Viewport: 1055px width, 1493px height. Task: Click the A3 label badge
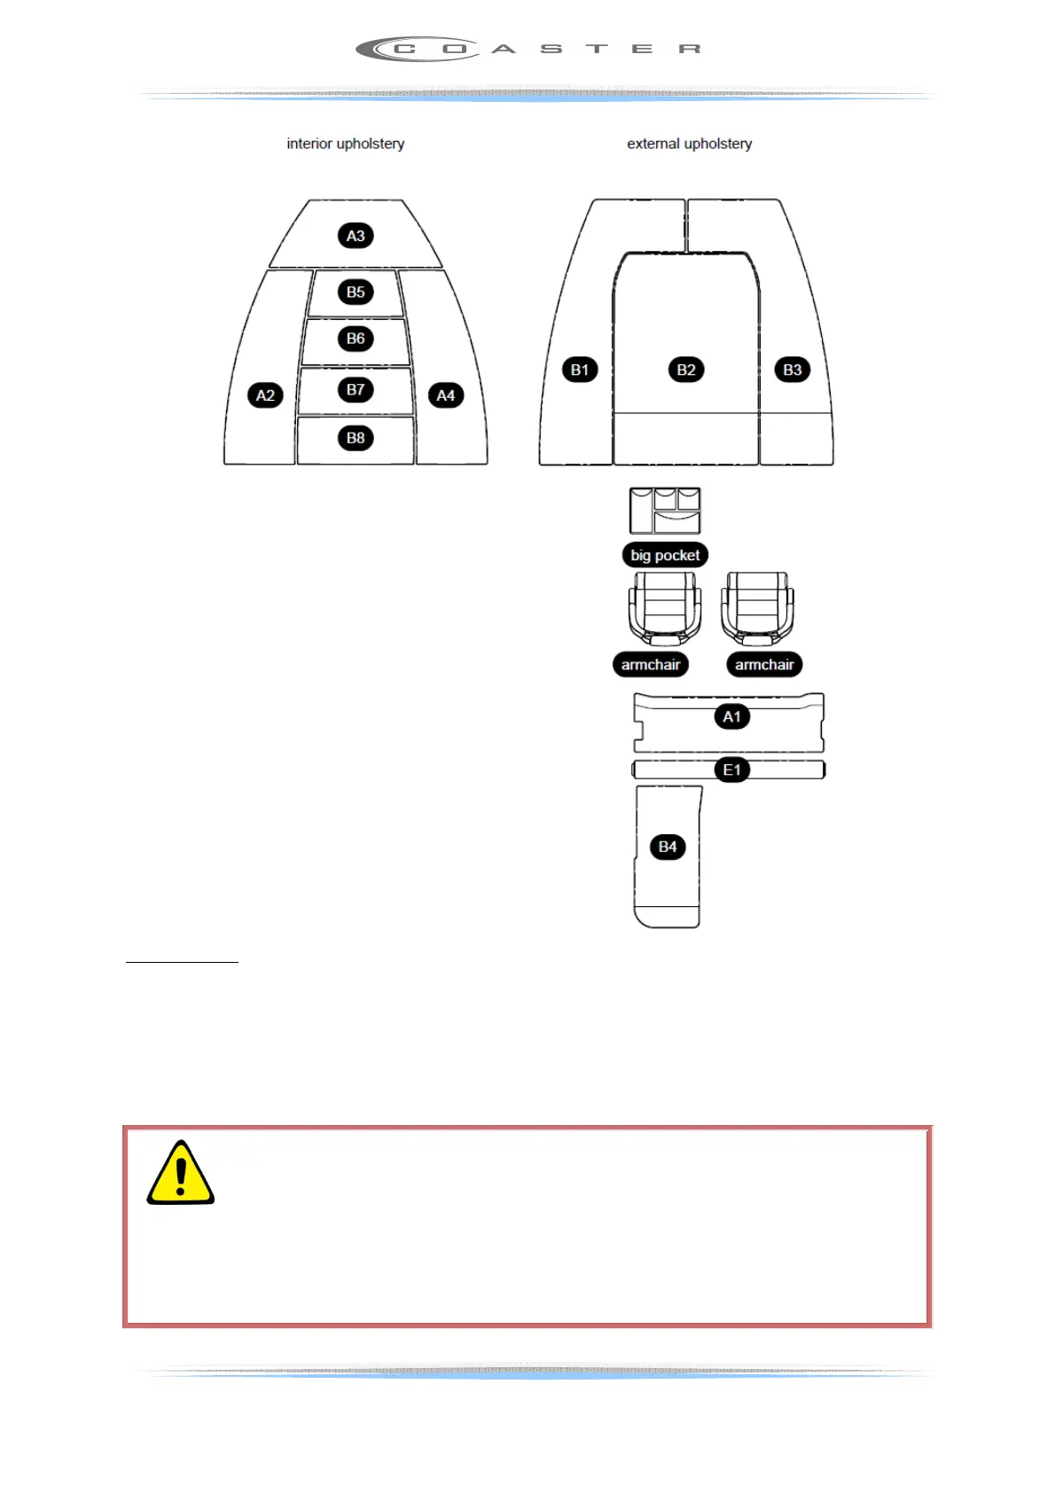click(356, 236)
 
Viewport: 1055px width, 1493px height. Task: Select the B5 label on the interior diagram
click(356, 292)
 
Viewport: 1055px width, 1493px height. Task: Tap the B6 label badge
click(356, 339)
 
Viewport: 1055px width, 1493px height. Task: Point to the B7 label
click(356, 389)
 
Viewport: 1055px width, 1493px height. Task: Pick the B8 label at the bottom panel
click(356, 438)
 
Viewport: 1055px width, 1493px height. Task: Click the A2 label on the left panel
click(265, 395)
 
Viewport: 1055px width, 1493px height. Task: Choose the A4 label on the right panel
click(446, 395)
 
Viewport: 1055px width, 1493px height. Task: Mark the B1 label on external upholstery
click(580, 370)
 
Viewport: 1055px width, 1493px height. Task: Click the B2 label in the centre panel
click(686, 370)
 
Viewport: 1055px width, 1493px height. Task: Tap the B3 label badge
click(793, 370)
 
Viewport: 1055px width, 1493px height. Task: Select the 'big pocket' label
click(665, 555)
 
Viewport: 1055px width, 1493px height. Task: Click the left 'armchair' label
click(651, 665)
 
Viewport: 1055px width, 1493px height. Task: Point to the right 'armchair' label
click(764, 665)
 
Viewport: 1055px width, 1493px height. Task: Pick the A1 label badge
click(731, 716)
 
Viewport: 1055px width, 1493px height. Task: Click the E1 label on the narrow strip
click(731, 770)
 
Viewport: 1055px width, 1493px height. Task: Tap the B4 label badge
click(668, 847)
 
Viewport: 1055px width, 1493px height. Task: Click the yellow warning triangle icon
click(181, 1174)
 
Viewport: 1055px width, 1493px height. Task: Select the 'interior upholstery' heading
click(346, 144)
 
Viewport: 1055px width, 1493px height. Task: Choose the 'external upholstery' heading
click(690, 144)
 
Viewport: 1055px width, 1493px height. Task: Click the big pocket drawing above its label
click(665, 511)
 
